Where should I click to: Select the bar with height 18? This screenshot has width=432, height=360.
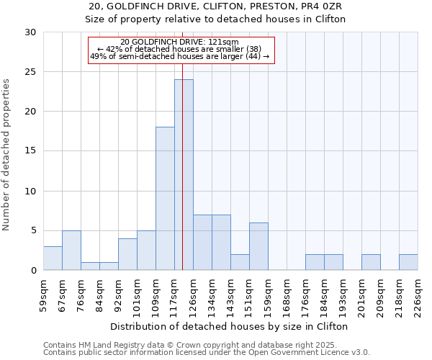(165, 199)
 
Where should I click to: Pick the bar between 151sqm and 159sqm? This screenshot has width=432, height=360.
(258, 246)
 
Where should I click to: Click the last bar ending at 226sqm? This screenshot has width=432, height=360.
(408, 262)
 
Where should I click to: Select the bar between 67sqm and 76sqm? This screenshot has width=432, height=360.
(71, 250)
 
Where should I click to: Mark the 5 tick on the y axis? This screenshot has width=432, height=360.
(33, 230)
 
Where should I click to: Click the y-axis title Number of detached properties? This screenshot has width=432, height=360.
(7, 156)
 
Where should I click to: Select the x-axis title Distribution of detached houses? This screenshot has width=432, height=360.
(230, 326)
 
